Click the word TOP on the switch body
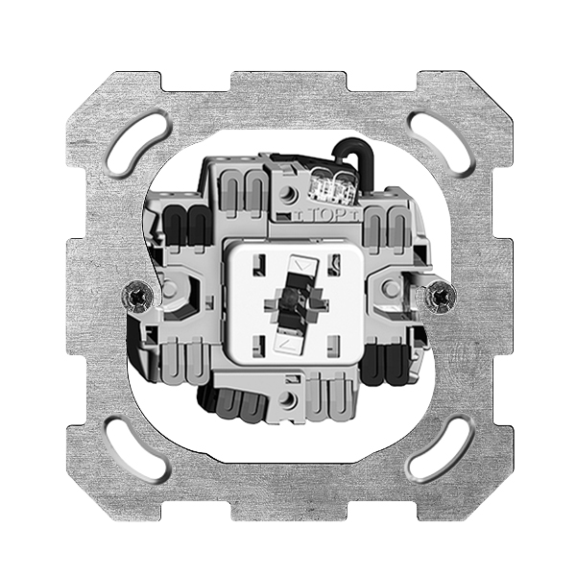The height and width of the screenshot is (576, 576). pos(324,216)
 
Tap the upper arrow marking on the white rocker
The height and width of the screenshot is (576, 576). pos(302,265)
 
